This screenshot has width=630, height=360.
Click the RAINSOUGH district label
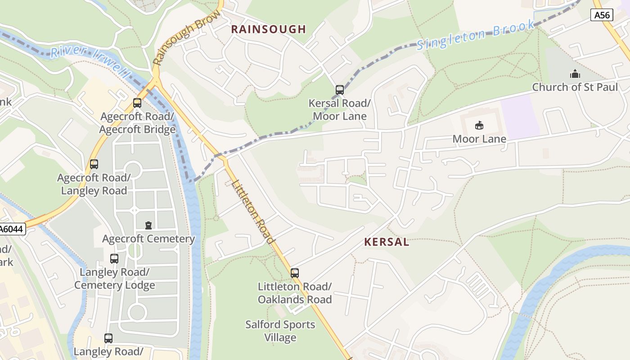(268, 30)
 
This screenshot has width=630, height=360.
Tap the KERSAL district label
(387, 242)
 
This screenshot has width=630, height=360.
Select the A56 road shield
(602, 15)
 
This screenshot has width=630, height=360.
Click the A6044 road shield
(11, 229)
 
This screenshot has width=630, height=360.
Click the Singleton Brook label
(476, 35)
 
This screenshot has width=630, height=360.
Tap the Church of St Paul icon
(575, 74)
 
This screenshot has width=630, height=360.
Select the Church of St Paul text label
(575, 87)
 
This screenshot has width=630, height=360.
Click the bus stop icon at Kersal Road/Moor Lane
(340, 90)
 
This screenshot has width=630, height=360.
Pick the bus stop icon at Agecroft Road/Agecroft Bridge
(137, 103)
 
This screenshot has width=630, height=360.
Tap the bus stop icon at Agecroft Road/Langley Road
(94, 164)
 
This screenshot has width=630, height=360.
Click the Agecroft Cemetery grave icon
(148, 225)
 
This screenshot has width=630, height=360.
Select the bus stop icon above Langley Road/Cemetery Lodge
(114, 259)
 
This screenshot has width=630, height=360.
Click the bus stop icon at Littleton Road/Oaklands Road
(295, 273)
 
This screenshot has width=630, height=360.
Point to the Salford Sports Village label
(280, 331)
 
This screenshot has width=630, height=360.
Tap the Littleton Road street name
(253, 211)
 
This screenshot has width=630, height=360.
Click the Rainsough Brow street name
(186, 38)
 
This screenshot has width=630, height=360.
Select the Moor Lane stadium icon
(479, 126)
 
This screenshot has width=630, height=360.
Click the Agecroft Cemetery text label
(148, 239)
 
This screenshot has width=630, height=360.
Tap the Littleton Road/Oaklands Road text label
(295, 293)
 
